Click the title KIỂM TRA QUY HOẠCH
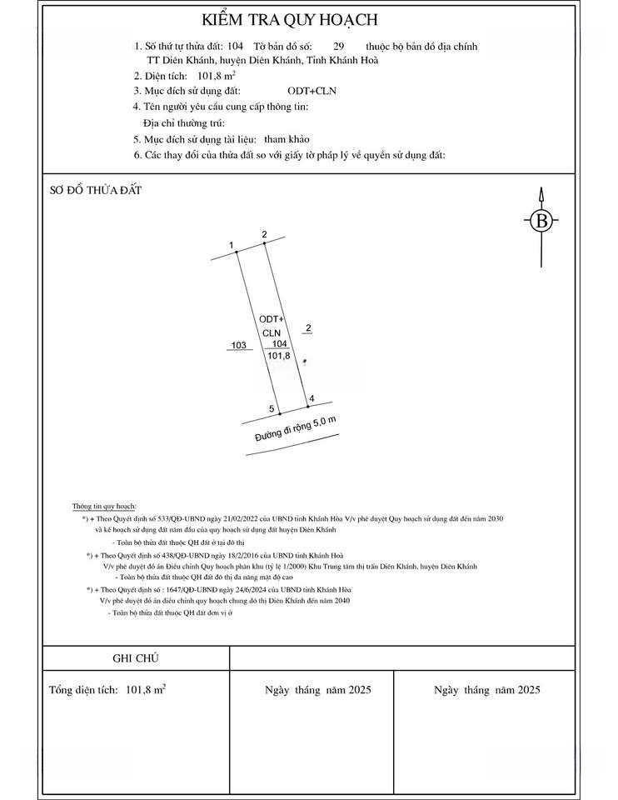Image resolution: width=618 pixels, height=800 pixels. pos(289,20)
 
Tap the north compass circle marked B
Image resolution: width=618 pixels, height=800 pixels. pos(541,221)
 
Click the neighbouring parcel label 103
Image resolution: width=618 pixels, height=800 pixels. pos(239,345)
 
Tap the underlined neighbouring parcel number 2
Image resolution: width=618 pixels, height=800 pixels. pos(308,329)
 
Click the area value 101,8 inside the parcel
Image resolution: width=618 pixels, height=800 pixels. pos(279,356)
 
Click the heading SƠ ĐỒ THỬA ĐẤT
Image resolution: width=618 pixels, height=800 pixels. pos(96,190)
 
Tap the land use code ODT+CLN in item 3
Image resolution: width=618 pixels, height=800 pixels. pos(309,90)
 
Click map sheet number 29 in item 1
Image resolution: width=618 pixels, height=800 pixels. pos(338,47)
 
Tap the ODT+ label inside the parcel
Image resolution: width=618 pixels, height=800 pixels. pos(272,319)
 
